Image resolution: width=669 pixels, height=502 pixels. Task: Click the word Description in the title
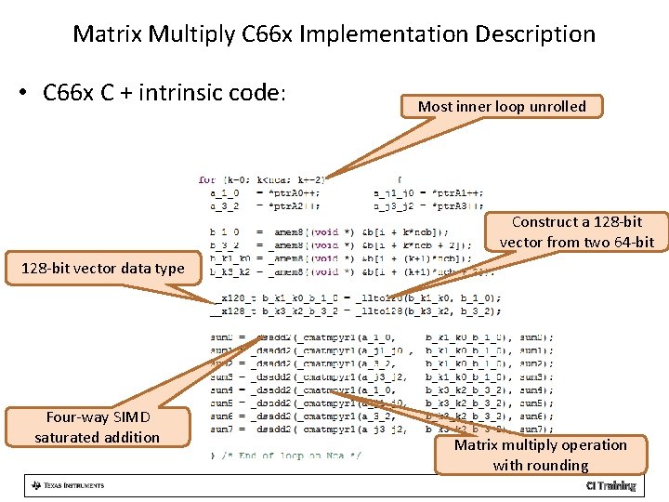535,34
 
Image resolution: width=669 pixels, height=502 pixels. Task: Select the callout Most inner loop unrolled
502,106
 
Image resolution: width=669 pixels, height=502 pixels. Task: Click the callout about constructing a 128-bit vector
576,232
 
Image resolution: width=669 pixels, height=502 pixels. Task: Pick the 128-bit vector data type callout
102,269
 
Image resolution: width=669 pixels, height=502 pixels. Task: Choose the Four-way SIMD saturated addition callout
98,427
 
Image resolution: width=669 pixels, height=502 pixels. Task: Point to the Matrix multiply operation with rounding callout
540,455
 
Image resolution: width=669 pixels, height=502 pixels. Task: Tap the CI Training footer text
610,485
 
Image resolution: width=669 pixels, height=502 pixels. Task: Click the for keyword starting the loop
206,179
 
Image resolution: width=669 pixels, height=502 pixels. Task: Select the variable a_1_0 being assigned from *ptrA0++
224,192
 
